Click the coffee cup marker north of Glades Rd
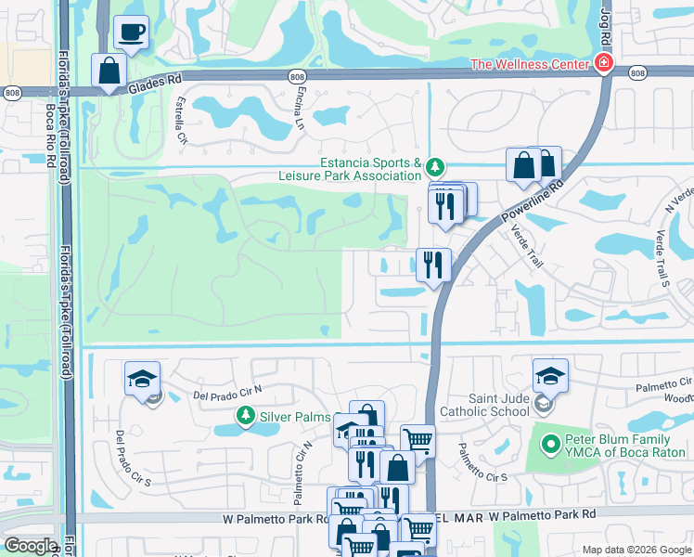coord(131,32)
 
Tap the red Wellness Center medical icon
coord(604,63)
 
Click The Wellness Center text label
coord(530,64)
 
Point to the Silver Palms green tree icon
coord(245,415)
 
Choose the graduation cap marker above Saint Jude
coord(550,376)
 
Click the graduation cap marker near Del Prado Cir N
coord(142,379)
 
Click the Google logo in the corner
coord(30,546)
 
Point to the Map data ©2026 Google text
coord(636,550)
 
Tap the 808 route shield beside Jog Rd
coord(636,72)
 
